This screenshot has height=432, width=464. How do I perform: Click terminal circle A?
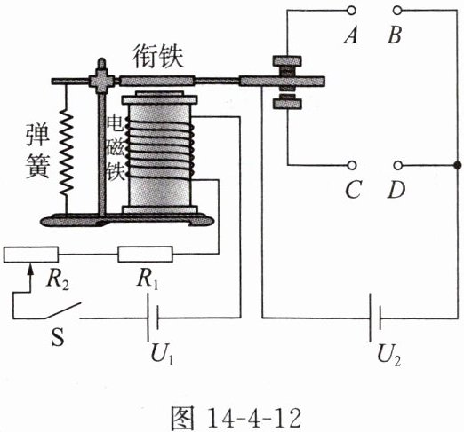click(351, 11)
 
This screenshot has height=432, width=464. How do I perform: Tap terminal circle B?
click(397, 11)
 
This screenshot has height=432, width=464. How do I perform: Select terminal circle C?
click(352, 165)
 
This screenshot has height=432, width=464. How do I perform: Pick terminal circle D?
click(398, 165)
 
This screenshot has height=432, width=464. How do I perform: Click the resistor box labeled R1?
click(145, 255)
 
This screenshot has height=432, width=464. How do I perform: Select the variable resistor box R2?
click(31, 255)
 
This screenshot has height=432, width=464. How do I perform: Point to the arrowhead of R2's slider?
click(29, 269)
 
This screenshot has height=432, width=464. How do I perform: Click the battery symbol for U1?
click(153, 318)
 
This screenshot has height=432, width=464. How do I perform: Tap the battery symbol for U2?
click(375, 318)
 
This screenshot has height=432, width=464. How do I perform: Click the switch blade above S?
click(62, 310)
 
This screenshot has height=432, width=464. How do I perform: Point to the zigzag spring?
click(67, 153)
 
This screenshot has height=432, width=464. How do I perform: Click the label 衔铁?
click(157, 57)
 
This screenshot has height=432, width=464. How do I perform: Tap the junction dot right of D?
click(457, 165)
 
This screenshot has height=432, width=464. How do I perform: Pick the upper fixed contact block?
click(287, 61)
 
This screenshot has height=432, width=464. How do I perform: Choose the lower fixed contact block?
click(287, 103)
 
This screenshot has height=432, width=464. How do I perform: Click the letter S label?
click(58, 338)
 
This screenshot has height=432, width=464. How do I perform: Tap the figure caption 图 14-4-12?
click(236, 418)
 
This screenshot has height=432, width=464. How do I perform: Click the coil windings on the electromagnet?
click(160, 149)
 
